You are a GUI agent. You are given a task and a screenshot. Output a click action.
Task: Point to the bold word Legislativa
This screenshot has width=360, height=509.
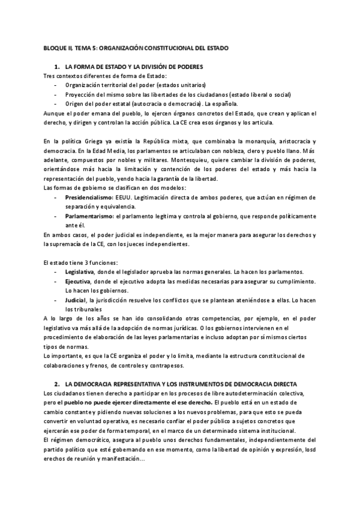point(79,272)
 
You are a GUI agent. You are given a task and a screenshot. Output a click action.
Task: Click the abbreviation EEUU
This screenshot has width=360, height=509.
point(125,196)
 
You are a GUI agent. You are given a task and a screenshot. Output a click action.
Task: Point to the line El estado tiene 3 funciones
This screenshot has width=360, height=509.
point(76,262)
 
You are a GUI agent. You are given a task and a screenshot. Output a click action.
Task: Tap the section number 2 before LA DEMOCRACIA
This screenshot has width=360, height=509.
point(56,383)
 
